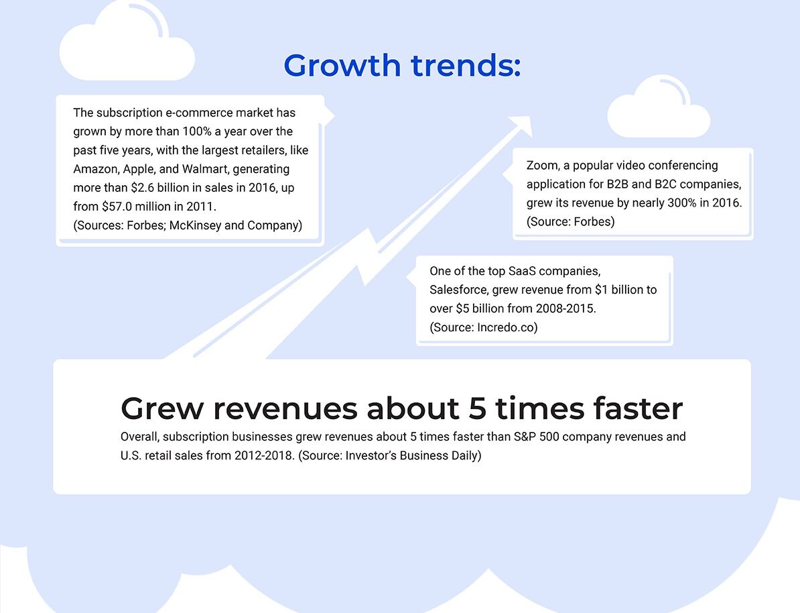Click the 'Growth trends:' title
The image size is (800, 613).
tap(402, 65)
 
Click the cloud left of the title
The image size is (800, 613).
tap(127, 43)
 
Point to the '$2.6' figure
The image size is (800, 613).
tap(142, 188)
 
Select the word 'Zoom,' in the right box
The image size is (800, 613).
tap(543, 166)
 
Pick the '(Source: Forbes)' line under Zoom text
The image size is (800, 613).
tap(570, 222)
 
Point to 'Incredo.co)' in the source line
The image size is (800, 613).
tap(507, 327)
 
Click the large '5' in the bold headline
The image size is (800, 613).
tap(477, 409)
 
